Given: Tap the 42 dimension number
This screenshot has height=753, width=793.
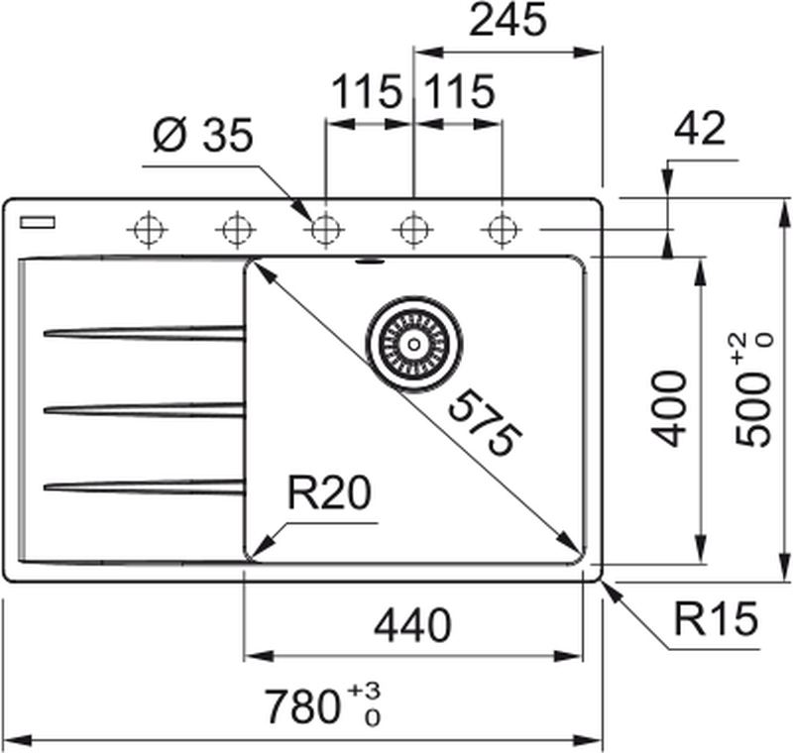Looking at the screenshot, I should tap(700, 130).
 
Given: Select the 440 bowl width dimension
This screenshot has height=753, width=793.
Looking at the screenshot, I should tap(412, 625).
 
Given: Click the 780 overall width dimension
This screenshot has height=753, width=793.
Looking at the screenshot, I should tap(307, 707).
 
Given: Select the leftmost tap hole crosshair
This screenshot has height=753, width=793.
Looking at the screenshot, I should tap(146, 230).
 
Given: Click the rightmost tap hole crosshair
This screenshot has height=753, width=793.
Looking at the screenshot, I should tap(501, 230).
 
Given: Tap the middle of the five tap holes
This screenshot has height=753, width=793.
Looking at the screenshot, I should tap(322, 230).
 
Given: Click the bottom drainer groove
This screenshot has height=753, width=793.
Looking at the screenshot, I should tap(144, 484).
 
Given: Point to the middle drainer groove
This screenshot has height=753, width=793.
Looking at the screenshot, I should tap(144, 407).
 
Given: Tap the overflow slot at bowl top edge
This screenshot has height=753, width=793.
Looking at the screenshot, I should tap(371, 263).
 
